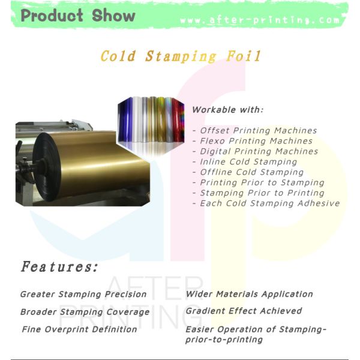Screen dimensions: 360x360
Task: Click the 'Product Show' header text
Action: (x=78, y=16)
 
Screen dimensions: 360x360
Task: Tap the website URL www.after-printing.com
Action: (x=260, y=20)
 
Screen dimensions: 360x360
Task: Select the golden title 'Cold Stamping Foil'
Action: (x=181, y=56)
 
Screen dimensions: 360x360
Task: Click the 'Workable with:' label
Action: (x=227, y=110)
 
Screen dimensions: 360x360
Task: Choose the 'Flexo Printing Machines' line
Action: (x=256, y=141)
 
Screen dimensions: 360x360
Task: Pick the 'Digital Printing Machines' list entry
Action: (x=259, y=151)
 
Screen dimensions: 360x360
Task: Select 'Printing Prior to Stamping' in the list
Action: (x=262, y=182)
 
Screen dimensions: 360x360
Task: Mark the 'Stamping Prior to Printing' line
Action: (x=262, y=193)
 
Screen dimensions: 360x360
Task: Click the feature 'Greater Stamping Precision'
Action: (x=83, y=294)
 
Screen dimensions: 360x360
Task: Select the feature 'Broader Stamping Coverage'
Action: (x=85, y=311)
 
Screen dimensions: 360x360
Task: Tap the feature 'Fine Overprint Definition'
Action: (x=79, y=329)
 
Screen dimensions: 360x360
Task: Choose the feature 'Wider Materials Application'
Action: (x=249, y=294)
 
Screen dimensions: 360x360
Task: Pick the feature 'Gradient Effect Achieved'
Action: (x=244, y=311)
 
